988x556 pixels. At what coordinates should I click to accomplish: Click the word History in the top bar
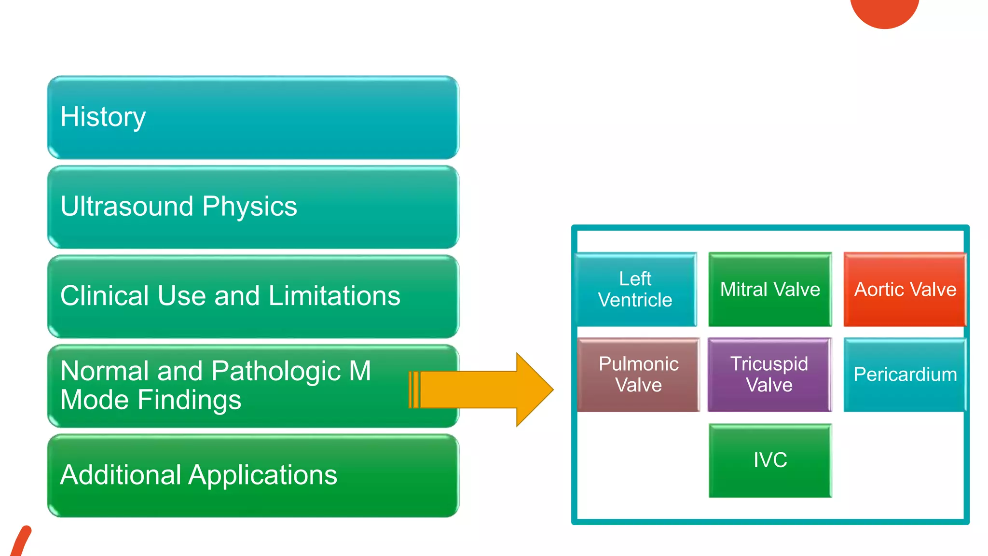click(x=103, y=117)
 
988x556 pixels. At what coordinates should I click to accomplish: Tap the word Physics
click(x=249, y=207)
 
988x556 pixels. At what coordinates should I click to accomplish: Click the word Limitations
click(x=334, y=296)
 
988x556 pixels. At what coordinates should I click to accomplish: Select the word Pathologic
click(x=276, y=371)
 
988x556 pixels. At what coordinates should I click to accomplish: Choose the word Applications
click(x=262, y=475)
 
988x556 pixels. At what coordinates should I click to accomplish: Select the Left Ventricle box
click(x=635, y=289)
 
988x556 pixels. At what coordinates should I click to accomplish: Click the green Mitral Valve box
click(x=770, y=289)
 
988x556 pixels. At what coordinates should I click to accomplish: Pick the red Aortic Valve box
click(x=905, y=289)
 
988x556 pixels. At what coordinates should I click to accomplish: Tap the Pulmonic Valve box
click(x=638, y=375)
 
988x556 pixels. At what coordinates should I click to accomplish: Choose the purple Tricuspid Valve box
click(x=769, y=375)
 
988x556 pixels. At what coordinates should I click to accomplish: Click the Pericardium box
click(x=905, y=375)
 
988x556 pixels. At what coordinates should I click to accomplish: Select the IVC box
click(x=770, y=460)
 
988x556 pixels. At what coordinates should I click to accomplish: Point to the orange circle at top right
click(x=884, y=11)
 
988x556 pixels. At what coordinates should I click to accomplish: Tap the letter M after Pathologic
click(x=360, y=371)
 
